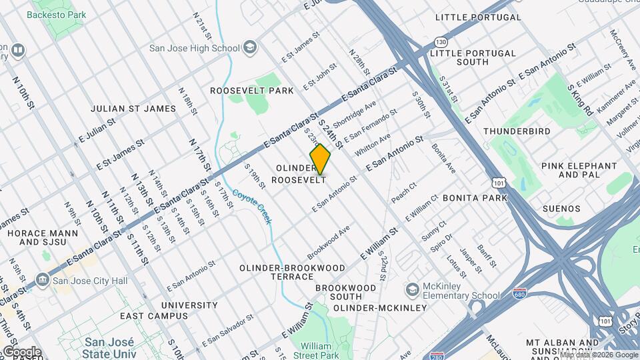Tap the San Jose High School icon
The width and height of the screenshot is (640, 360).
point(250,47)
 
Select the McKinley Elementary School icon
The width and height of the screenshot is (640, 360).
point(413,289)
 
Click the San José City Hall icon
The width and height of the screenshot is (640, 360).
point(43,279)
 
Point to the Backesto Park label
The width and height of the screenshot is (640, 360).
point(61,15)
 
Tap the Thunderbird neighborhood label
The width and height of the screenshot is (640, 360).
point(517,131)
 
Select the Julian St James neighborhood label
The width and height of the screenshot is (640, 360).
point(133,109)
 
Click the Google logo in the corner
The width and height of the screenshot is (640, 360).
point(21,351)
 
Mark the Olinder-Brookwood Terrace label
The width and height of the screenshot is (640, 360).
point(293,273)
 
